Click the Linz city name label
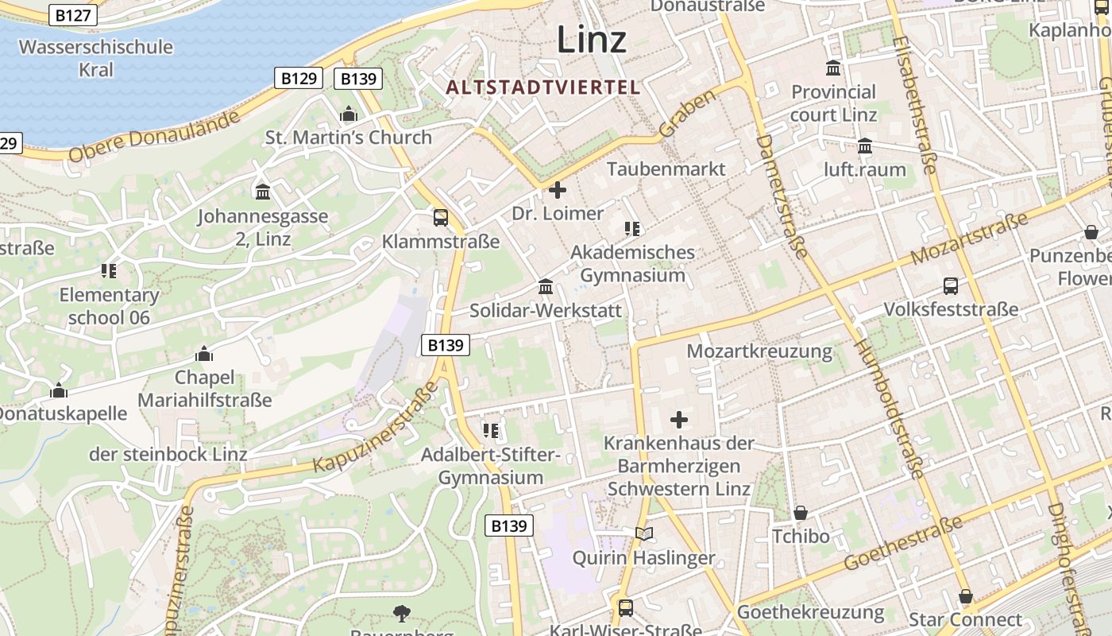pos(591,39)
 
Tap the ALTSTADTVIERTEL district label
pos(542,87)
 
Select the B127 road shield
pos(73,14)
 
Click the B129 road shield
pos(299,78)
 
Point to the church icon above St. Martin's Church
pos(348,114)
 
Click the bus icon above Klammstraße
pos(440,217)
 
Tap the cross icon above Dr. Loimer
pos(558,190)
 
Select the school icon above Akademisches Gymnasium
pos(632,229)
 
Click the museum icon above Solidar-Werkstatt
pos(546,286)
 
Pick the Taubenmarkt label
pos(666,169)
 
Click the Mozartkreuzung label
pos(759,351)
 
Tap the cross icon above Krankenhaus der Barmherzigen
pos(679,419)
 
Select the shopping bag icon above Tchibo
pos(801,513)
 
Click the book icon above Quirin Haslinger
pos(644,533)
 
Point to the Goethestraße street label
pos(904,543)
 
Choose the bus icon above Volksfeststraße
pos(950,286)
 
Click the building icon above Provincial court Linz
pos(833,68)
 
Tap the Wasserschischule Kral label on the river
pos(96,58)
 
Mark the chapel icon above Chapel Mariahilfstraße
pos(204,354)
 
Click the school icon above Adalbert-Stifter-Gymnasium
pos(491,431)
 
